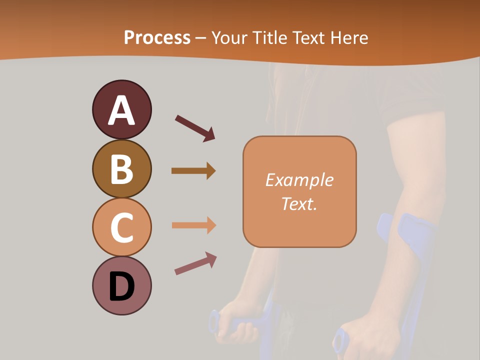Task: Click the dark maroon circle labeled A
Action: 121,109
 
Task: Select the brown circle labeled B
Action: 121,168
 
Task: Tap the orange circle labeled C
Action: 121,227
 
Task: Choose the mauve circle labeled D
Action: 121,285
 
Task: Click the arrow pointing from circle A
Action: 194,128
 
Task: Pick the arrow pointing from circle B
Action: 193,171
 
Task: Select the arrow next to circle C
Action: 193,225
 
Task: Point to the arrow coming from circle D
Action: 195,263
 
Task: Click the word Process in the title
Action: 157,38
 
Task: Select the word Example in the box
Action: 299,180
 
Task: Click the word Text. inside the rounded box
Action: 299,203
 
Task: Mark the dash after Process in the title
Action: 201,38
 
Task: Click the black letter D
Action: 121,287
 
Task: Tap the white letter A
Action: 121,110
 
